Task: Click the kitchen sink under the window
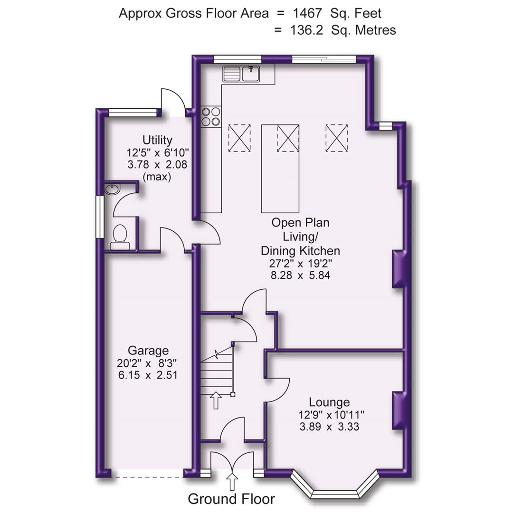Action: [241, 74]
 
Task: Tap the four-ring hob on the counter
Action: [211, 116]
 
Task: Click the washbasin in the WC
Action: [113, 190]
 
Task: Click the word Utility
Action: [157, 140]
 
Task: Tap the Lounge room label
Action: [329, 402]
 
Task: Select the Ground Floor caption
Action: [231, 499]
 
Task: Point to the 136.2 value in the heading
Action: [307, 30]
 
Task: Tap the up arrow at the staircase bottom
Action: [216, 400]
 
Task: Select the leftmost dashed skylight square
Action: [239, 138]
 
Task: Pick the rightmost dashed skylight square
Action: [336, 138]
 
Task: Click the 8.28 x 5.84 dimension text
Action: [300, 275]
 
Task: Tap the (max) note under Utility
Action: [157, 177]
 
